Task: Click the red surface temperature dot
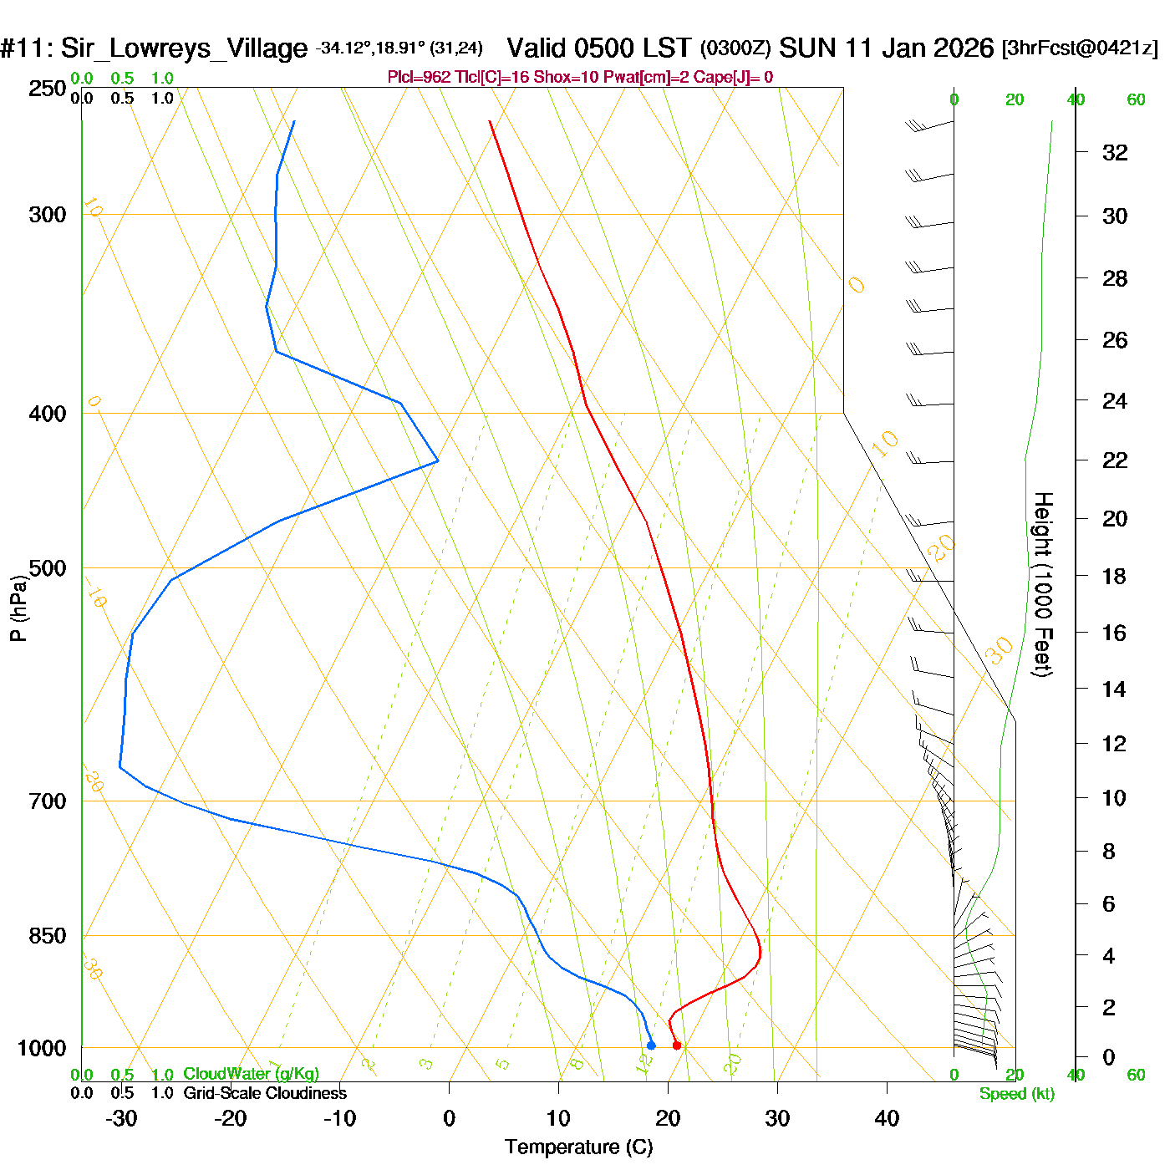pyautogui.click(x=677, y=1045)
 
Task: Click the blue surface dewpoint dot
pyautogui.click(x=651, y=1045)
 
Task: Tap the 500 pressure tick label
pyautogui.click(x=48, y=568)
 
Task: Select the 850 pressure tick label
pyautogui.click(x=48, y=936)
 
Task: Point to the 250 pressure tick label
pyautogui.click(x=48, y=89)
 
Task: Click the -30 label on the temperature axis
pyautogui.click(x=121, y=1118)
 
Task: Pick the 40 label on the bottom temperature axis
pyautogui.click(x=887, y=1118)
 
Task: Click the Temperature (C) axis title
pyautogui.click(x=578, y=1147)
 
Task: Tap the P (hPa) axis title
pyautogui.click(x=18, y=608)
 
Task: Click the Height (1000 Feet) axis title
pyautogui.click(x=1043, y=584)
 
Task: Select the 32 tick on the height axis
pyautogui.click(x=1115, y=152)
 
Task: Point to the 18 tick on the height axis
pyautogui.click(x=1115, y=576)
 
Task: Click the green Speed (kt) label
pyautogui.click(x=1016, y=1094)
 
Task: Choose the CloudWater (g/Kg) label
pyautogui.click(x=251, y=1074)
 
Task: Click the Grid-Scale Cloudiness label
pyautogui.click(x=265, y=1093)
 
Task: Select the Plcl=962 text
pyautogui.click(x=419, y=78)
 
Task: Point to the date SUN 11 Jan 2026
pyautogui.click(x=886, y=48)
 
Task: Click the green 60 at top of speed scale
pyautogui.click(x=1136, y=100)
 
